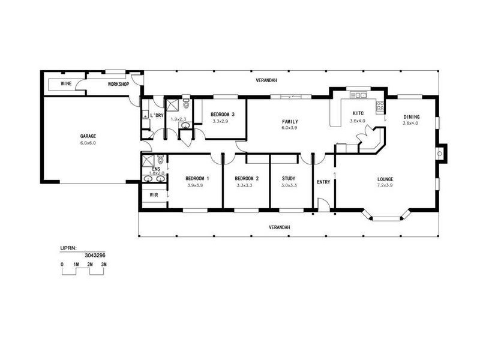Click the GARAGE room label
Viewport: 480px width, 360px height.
click(88, 136)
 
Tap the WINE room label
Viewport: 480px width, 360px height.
click(67, 84)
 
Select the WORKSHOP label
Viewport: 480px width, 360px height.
click(118, 84)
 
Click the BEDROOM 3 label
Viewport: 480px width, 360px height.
click(222, 115)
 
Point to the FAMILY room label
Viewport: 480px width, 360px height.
click(290, 121)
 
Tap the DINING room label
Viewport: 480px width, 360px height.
click(411, 117)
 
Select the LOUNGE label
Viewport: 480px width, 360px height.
click(385, 178)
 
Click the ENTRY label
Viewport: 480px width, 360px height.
click(323, 182)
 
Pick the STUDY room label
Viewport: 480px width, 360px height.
click(289, 178)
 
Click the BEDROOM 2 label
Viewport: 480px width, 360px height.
click(247, 178)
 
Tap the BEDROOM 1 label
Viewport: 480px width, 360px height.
click(197, 178)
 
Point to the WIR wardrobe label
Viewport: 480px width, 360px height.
click(154, 195)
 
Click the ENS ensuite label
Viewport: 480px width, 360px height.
click(156, 169)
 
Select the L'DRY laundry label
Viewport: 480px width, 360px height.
click(157, 115)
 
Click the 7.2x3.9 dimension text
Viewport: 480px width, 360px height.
click(385, 185)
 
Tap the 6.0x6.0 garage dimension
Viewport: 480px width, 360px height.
click(88, 143)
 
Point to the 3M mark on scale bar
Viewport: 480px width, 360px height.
click(104, 264)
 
